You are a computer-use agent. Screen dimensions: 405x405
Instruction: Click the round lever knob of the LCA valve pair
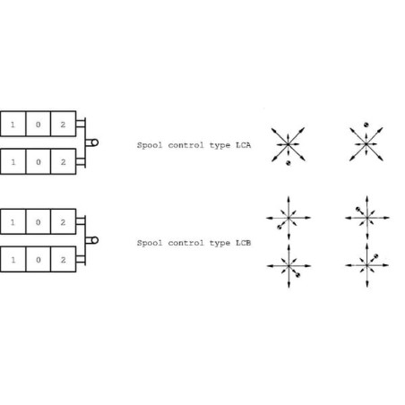pos(95,142)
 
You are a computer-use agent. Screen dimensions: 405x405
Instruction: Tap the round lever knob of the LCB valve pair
pos(95,240)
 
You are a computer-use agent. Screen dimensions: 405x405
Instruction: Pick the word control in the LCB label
pos(184,243)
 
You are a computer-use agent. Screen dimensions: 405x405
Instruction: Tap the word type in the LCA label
pos(220,146)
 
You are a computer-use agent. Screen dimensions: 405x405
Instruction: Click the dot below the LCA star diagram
pos(289,163)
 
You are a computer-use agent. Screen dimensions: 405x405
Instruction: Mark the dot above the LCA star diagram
pos(366,125)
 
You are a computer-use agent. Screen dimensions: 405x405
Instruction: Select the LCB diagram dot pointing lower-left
pos(280,228)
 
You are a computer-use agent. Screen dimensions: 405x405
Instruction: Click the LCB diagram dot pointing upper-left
pos(358,209)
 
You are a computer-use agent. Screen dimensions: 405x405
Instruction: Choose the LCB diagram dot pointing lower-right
pos(297,275)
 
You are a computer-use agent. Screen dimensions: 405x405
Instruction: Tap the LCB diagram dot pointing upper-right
pos(376,256)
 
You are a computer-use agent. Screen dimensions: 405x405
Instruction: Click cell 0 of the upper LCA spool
pos(39,124)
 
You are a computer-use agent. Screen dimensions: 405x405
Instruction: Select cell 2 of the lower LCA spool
pos(64,161)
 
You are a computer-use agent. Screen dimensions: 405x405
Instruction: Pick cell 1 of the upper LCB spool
pos(13,221)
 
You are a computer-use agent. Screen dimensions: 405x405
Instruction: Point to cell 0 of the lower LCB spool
pos(39,259)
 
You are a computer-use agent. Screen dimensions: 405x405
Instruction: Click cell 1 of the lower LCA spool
pos(13,161)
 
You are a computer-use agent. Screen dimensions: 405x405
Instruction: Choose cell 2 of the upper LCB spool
pos(64,221)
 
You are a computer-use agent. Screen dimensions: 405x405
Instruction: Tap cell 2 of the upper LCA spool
pos(64,124)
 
